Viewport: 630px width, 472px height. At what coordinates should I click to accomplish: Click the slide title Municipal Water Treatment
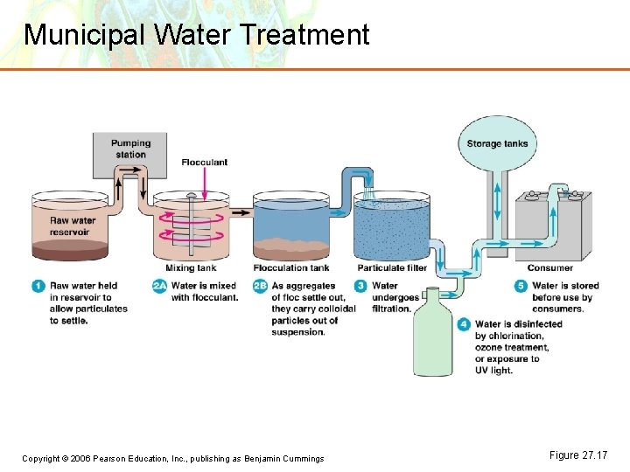point(197,35)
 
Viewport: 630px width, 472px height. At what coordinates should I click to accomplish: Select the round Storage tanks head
point(497,143)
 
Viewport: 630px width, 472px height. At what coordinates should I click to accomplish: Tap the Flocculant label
point(204,162)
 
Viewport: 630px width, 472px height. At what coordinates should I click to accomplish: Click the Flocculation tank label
point(291,267)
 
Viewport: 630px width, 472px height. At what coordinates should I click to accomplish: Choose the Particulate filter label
point(392,267)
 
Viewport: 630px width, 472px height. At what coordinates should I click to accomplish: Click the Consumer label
point(550,267)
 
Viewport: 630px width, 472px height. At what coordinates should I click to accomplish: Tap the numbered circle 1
point(38,286)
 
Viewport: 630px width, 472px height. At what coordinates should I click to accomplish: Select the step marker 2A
point(159,286)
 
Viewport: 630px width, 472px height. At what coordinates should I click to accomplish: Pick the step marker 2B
point(260,286)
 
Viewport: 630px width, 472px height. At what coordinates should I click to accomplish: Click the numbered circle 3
point(360,286)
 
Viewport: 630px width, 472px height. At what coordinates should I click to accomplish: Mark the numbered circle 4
point(464,324)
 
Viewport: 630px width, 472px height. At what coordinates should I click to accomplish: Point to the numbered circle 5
point(521,286)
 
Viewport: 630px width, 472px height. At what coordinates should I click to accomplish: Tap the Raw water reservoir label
point(72,226)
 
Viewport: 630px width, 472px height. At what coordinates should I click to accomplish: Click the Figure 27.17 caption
point(577,455)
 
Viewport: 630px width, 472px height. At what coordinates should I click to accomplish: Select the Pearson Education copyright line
point(173,459)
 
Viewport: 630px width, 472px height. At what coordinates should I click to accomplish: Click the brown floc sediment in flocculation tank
point(291,247)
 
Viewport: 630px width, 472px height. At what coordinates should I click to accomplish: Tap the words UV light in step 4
point(493,370)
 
